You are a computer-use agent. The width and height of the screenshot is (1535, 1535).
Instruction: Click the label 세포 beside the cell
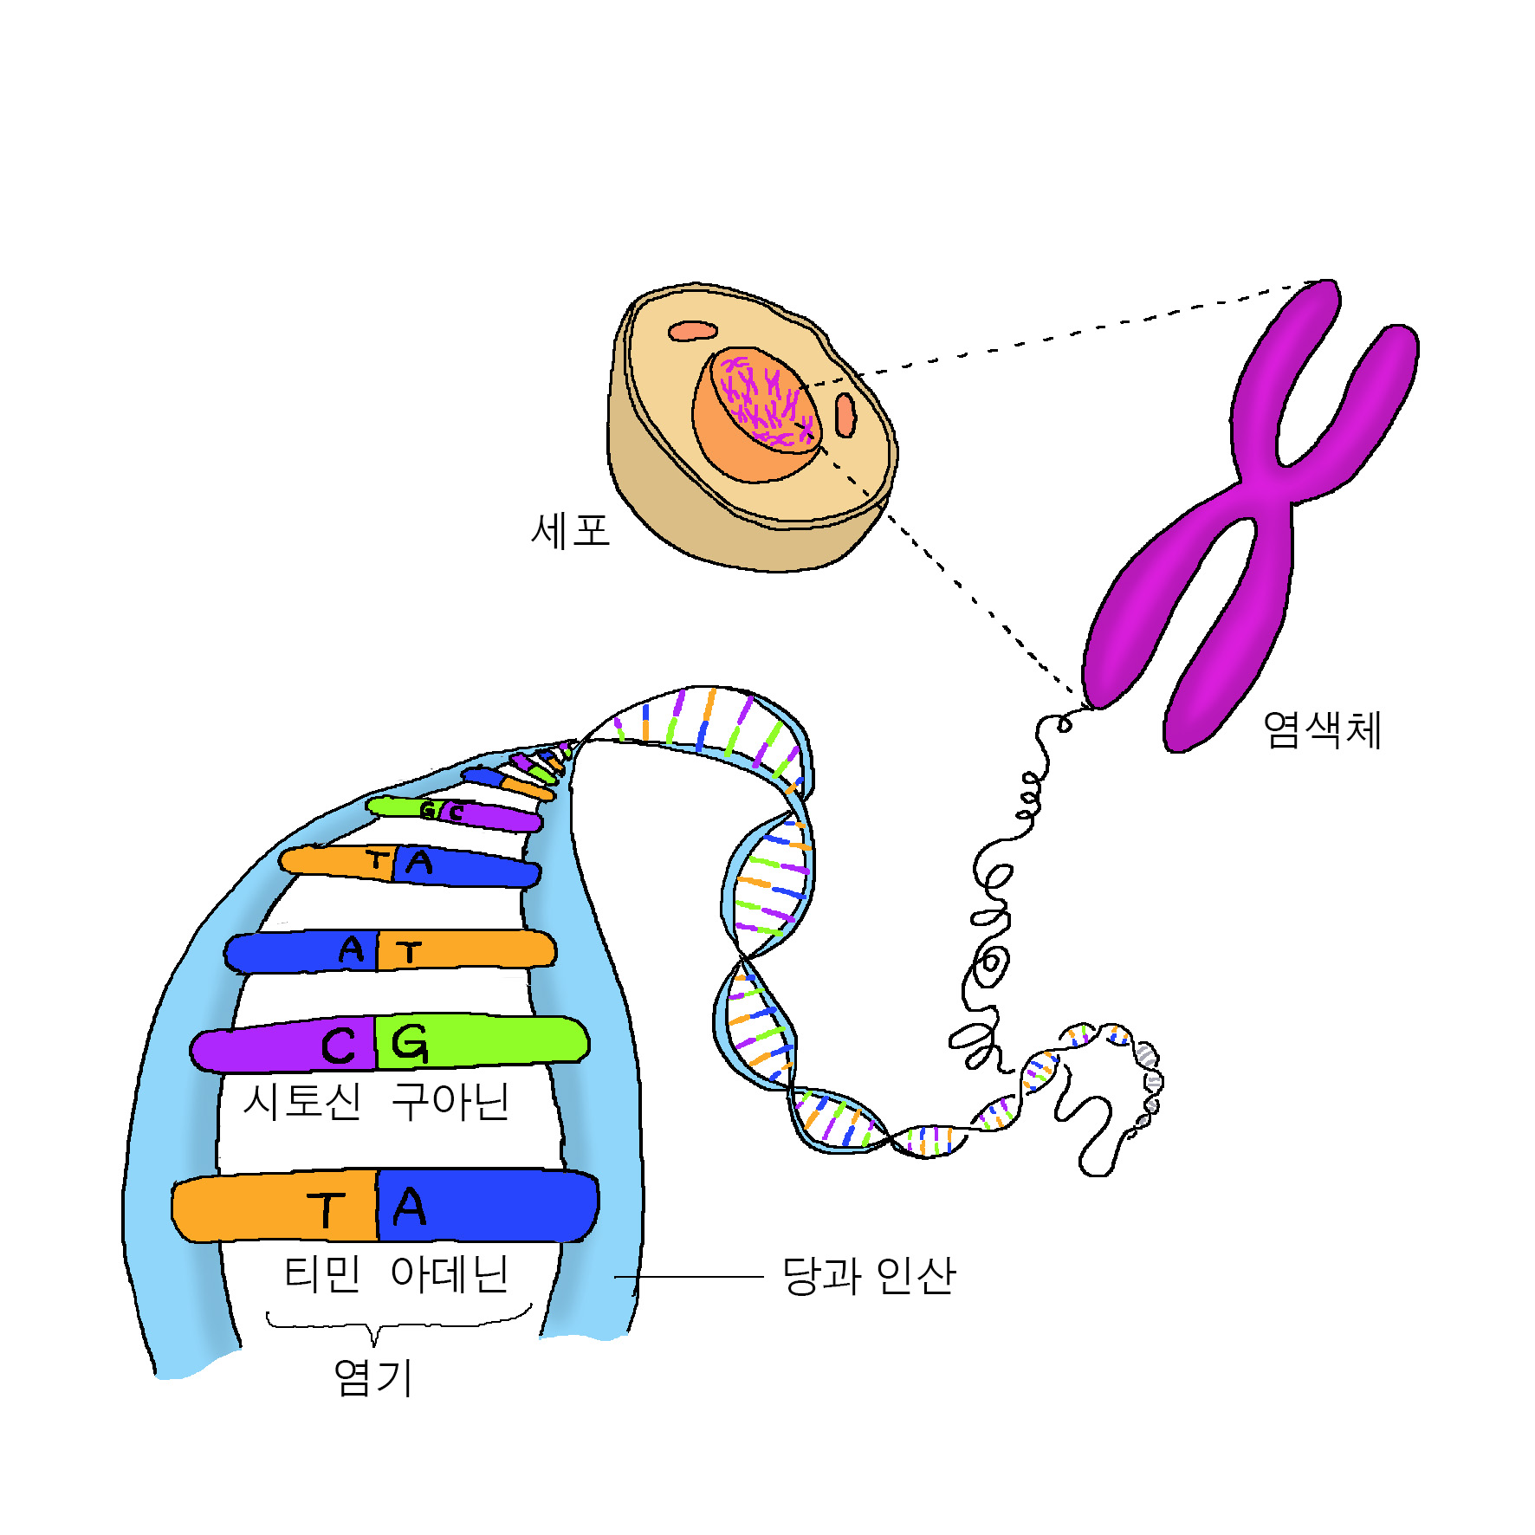[x=570, y=530]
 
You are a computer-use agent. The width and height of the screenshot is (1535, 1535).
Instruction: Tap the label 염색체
[x=1321, y=729]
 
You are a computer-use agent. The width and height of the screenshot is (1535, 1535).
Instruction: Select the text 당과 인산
[x=868, y=1275]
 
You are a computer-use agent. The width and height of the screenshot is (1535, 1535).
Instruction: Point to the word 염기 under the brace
[x=373, y=1377]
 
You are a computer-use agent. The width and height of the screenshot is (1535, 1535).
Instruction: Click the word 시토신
[x=301, y=1102]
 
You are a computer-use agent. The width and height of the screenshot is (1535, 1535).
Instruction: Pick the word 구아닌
[x=450, y=1102]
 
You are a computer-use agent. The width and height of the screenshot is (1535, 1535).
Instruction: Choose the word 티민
[x=322, y=1274]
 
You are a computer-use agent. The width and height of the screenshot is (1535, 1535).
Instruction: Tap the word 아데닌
[x=449, y=1274]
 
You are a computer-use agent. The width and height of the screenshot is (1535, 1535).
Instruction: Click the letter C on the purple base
[x=338, y=1046]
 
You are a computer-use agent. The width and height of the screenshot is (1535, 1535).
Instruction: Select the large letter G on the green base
[x=409, y=1043]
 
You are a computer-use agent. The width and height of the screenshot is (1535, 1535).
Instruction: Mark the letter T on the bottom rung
[x=326, y=1209]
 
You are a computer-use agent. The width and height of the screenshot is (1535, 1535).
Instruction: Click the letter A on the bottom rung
[x=409, y=1207]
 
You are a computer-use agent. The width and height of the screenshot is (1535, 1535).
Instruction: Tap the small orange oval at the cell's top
[x=692, y=331]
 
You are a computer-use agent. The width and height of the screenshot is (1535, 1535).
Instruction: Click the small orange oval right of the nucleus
[x=845, y=414]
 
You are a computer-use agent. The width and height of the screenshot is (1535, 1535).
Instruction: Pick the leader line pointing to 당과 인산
[x=689, y=1277]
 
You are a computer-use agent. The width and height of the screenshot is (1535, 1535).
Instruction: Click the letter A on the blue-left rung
[x=351, y=950]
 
